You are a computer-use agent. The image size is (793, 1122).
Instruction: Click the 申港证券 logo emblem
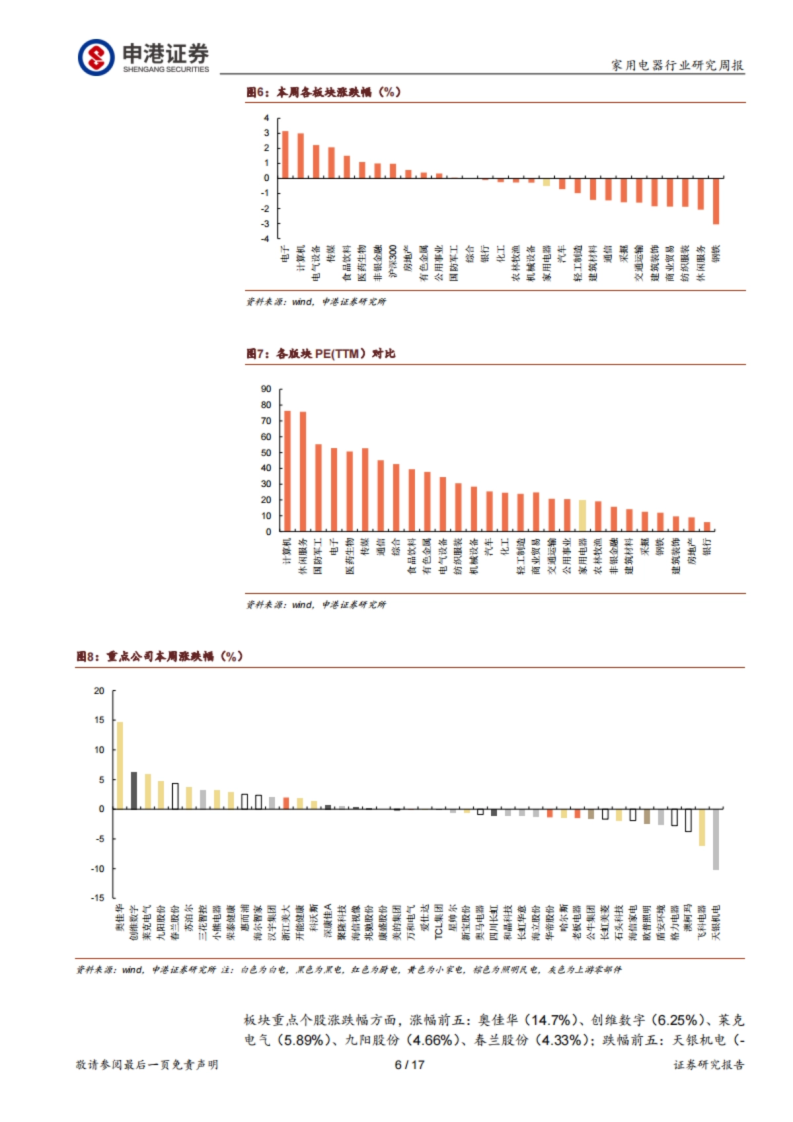(96, 57)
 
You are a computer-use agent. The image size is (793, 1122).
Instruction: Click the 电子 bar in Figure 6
(285, 155)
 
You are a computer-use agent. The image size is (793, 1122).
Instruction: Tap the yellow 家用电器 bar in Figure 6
(547, 182)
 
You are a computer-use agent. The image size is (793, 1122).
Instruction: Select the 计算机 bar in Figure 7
(287, 470)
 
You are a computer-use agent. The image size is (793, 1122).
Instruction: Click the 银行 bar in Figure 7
(707, 527)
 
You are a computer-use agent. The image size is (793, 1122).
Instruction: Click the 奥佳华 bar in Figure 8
(120, 765)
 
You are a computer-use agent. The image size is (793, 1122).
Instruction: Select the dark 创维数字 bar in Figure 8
(134, 790)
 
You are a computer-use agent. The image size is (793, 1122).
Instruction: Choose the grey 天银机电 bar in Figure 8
(716, 839)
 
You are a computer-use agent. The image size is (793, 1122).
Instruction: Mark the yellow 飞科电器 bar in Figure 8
(702, 827)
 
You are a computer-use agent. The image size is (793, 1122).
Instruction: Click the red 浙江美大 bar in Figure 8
(286, 803)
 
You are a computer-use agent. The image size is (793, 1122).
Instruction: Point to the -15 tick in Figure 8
(98, 898)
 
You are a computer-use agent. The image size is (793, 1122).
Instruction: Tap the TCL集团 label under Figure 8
(438, 922)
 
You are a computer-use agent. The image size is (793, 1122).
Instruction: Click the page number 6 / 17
(409, 1065)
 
